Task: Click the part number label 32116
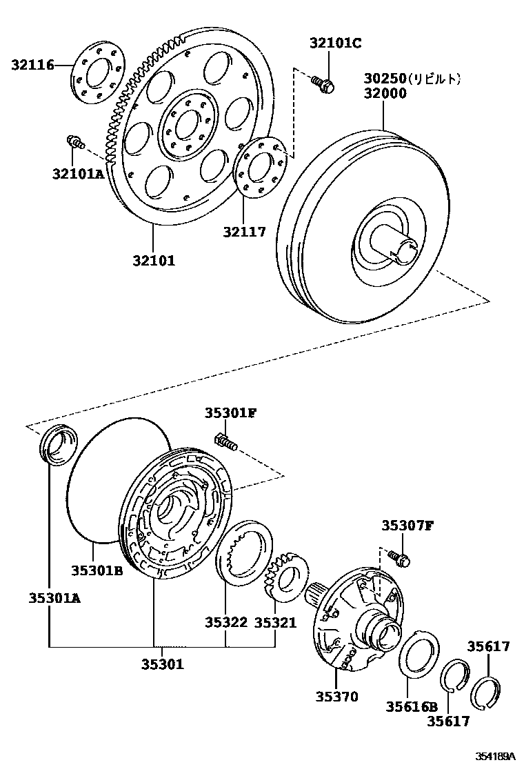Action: (x=32, y=65)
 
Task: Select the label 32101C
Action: (x=335, y=43)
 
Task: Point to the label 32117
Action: (x=243, y=233)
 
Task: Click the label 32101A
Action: (x=77, y=174)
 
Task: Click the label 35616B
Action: (x=412, y=706)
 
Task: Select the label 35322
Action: (x=225, y=622)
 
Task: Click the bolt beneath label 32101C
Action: (x=323, y=85)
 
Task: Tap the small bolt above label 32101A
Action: (x=74, y=142)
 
